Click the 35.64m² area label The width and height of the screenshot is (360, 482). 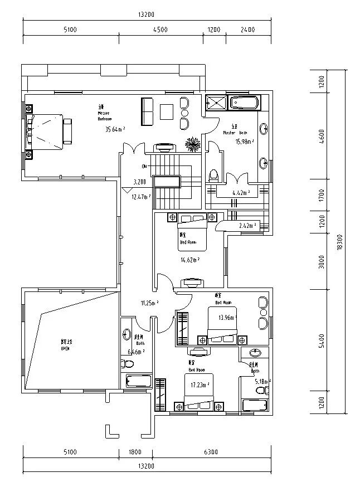(x=115, y=129)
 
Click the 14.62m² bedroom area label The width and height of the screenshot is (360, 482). (x=190, y=259)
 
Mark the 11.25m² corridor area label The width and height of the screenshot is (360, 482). (x=149, y=303)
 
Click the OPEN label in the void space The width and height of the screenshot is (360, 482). (x=65, y=348)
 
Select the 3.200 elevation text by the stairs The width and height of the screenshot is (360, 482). (x=140, y=182)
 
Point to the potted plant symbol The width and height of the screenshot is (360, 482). (x=193, y=144)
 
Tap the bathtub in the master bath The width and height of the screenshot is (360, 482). (x=244, y=103)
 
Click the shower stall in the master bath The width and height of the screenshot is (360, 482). (x=216, y=103)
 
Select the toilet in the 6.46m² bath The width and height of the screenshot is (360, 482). (x=128, y=364)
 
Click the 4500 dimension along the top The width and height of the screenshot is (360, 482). (x=160, y=30)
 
